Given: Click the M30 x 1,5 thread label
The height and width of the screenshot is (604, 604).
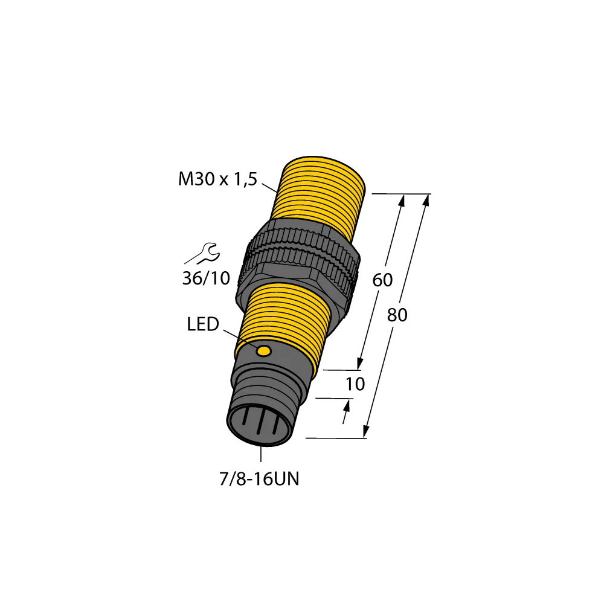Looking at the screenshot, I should [x=218, y=179].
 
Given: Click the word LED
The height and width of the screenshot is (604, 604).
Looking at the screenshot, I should [x=202, y=325].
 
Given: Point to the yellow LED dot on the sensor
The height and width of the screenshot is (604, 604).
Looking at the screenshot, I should [x=264, y=352].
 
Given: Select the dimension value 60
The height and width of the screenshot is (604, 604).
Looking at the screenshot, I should [x=382, y=280].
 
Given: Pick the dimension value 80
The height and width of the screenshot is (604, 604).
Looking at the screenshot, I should [x=396, y=315].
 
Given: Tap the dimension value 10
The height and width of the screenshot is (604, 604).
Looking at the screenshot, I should [x=355, y=384].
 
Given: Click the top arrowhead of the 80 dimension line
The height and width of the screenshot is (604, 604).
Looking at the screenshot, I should [x=427, y=200].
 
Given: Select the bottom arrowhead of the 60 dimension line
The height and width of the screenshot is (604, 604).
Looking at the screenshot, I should [x=360, y=362].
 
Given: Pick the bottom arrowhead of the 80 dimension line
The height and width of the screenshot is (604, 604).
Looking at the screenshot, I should [x=366, y=431].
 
